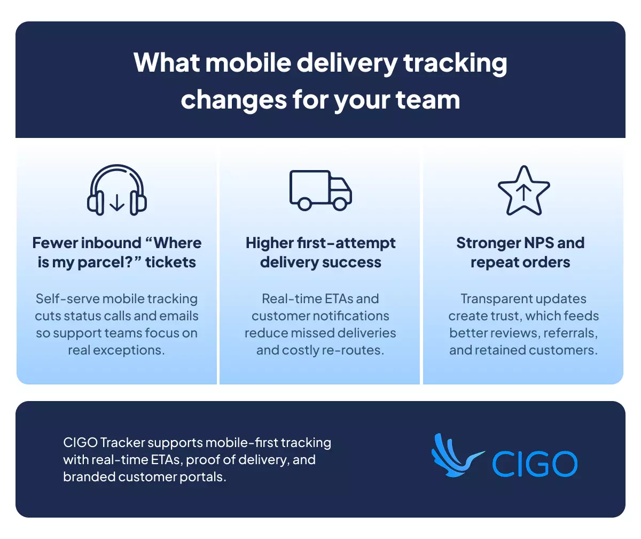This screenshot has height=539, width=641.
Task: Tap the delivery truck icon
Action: click(320, 190)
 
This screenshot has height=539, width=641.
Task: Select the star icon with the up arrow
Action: click(523, 190)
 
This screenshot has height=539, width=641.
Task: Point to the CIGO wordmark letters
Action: click(535, 464)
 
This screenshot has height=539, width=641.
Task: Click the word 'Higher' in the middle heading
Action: click(270, 243)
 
